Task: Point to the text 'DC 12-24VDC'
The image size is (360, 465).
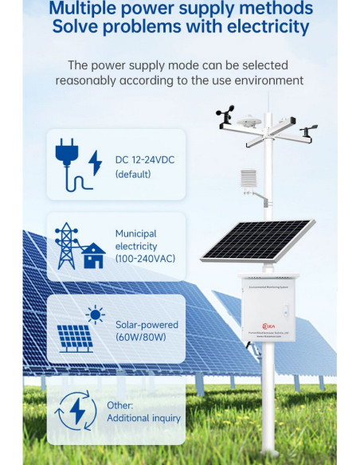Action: (145, 160)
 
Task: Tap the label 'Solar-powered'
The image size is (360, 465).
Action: (147, 325)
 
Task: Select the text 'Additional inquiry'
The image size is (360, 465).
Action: (148, 418)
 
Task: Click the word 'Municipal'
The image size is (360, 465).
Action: (135, 233)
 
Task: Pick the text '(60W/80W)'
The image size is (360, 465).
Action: (141, 338)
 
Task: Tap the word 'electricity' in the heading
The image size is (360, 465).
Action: (266, 26)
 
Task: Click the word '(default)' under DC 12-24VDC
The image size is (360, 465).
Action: (132, 174)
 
